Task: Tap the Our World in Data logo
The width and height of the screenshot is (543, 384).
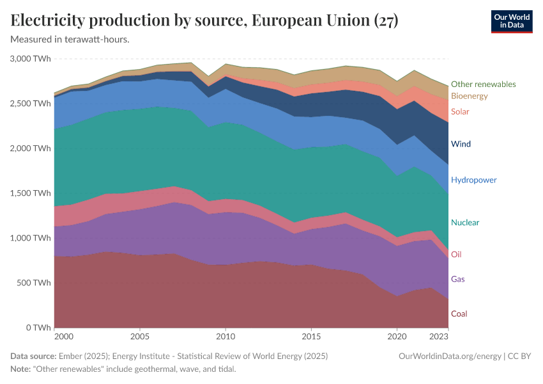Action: (511, 21)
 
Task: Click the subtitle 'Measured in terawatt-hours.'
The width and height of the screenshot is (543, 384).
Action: (70, 40)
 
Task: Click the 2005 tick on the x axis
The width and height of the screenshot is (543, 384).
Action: (140, 336)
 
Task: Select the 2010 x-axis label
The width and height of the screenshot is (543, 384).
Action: (225, 336)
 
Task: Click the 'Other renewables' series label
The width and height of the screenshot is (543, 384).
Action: (483, 84)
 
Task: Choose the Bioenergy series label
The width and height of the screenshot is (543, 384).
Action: (469, 96)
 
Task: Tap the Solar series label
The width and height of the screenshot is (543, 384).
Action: (460, 111)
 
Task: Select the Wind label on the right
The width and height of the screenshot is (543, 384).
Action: (461, 144)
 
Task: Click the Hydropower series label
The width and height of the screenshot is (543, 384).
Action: (473, 180)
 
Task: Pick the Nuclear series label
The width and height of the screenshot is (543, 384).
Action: (465, 223)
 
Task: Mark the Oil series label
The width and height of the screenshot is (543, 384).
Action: (456, 254)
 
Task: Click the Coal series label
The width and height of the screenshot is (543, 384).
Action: (459, 314)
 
